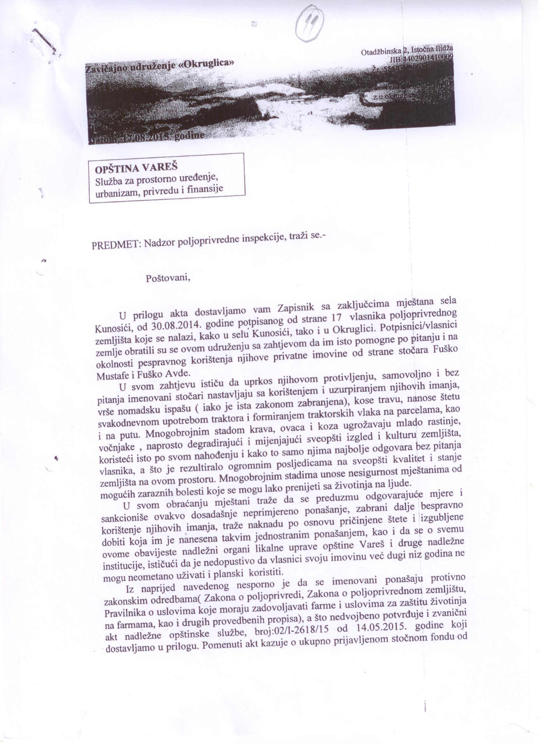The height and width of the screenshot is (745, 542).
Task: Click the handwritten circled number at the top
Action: point(310,23)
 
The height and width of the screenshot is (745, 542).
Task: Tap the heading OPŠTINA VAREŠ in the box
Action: point(136,168)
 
